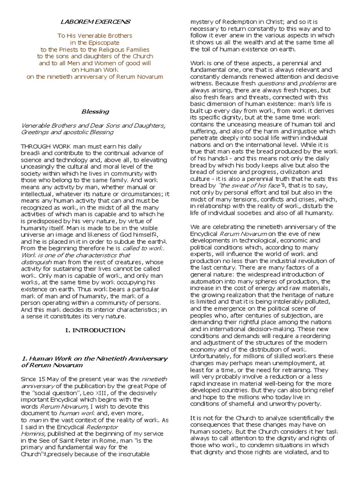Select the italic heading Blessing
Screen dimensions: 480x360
(x=95, y=112)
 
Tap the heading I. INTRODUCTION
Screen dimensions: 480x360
(x=95, y=330)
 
